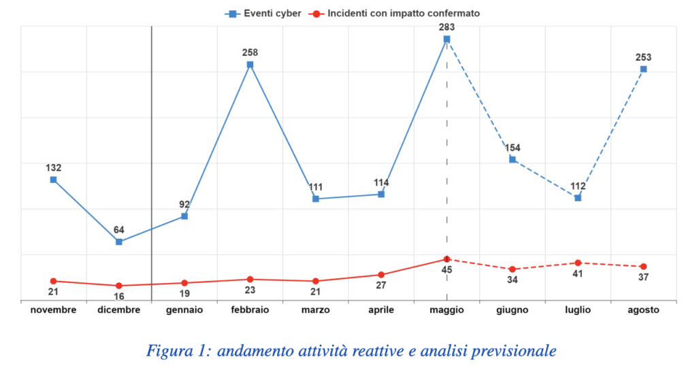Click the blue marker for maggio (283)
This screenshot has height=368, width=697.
pos(447,39)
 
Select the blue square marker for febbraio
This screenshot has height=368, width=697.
pos(250,65)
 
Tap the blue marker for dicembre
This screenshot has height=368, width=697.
pos(118,241)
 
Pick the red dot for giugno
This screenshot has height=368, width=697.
pos(512,269)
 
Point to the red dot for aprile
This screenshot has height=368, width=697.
pos(381,275)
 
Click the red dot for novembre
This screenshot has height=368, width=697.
pos(53,281)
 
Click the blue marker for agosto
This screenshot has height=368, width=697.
pos(643,69)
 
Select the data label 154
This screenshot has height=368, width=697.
pos(513,148)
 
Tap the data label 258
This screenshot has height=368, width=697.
pos(250,52)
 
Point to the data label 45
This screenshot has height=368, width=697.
pos(447,270)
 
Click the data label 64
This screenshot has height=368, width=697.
pos(118,230)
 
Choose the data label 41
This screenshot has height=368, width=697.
pos(577,273)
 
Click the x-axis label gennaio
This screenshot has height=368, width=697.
pos(184,310)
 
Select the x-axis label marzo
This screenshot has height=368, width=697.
pos(316,310)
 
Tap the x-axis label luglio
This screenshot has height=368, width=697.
pos(578,310)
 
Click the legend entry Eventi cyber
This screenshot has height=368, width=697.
pos(263,14)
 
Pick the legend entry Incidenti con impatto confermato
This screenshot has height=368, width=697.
pos(394,14)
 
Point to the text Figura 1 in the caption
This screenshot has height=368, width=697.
pos(176,351)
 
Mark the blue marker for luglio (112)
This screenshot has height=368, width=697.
pos(578,198)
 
